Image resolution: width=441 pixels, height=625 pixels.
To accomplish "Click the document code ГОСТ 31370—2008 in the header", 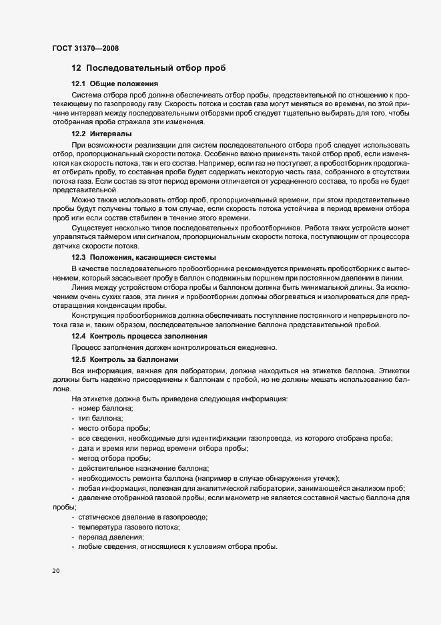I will tap(86, 48).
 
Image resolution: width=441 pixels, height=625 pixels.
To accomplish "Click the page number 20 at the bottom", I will tap(55, 571).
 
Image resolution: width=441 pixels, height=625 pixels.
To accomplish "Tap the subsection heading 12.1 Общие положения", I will tap(114, 84).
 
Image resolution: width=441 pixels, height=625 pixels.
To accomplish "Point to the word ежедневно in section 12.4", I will tap(252, 347).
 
